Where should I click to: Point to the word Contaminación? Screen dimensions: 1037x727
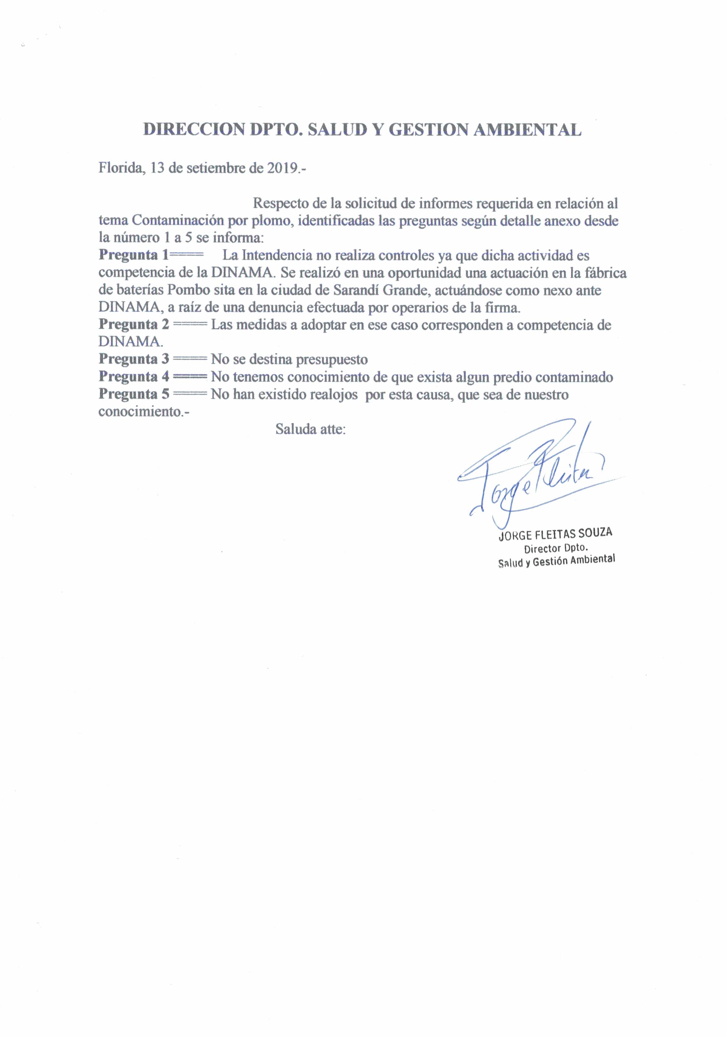[x=177, y=221]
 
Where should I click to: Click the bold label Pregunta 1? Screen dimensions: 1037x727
[x=133, y=255]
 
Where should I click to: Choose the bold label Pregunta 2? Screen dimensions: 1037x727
[x=134, y=325]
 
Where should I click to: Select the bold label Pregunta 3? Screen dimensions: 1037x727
[x=134, y=360]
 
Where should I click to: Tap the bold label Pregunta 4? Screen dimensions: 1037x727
[x=134, y=377]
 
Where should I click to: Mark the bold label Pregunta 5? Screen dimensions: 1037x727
[x=134, y=394]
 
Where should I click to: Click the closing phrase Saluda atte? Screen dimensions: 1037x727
[x=311, y=429]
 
